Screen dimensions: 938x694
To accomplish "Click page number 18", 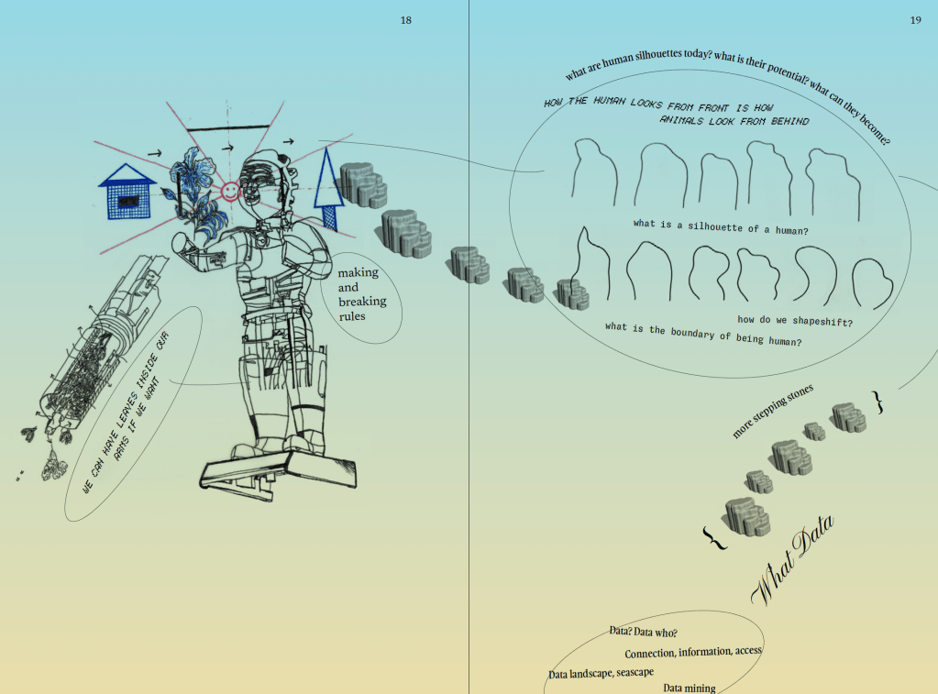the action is tap(405, 20).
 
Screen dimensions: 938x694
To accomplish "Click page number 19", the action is tap(915, 20).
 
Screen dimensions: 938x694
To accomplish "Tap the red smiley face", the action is tap(230, 192).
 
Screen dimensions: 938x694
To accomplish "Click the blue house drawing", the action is tap(127, 192).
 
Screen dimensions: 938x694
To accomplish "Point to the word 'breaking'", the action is tap(362, 301).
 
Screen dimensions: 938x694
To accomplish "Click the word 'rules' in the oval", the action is tap(352, 316).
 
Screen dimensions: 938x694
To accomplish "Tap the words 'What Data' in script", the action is tap(792, 559).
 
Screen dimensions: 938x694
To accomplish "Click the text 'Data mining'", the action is tap(690, 688).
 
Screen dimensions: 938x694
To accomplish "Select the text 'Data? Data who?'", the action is tap(643, 632).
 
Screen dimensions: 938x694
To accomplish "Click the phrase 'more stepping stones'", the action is tap(772, 411).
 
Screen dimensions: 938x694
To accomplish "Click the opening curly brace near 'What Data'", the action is tap(714, 538).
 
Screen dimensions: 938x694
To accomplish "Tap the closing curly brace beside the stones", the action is tap(878, 402).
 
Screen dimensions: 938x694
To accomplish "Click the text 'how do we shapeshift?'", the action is tap(795, 321).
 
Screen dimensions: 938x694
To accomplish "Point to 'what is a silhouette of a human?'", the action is tap(721, 226).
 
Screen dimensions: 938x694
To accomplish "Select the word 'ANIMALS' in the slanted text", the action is tap(681, 120).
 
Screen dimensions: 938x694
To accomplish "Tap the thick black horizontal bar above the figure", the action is tap(228, 128).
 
